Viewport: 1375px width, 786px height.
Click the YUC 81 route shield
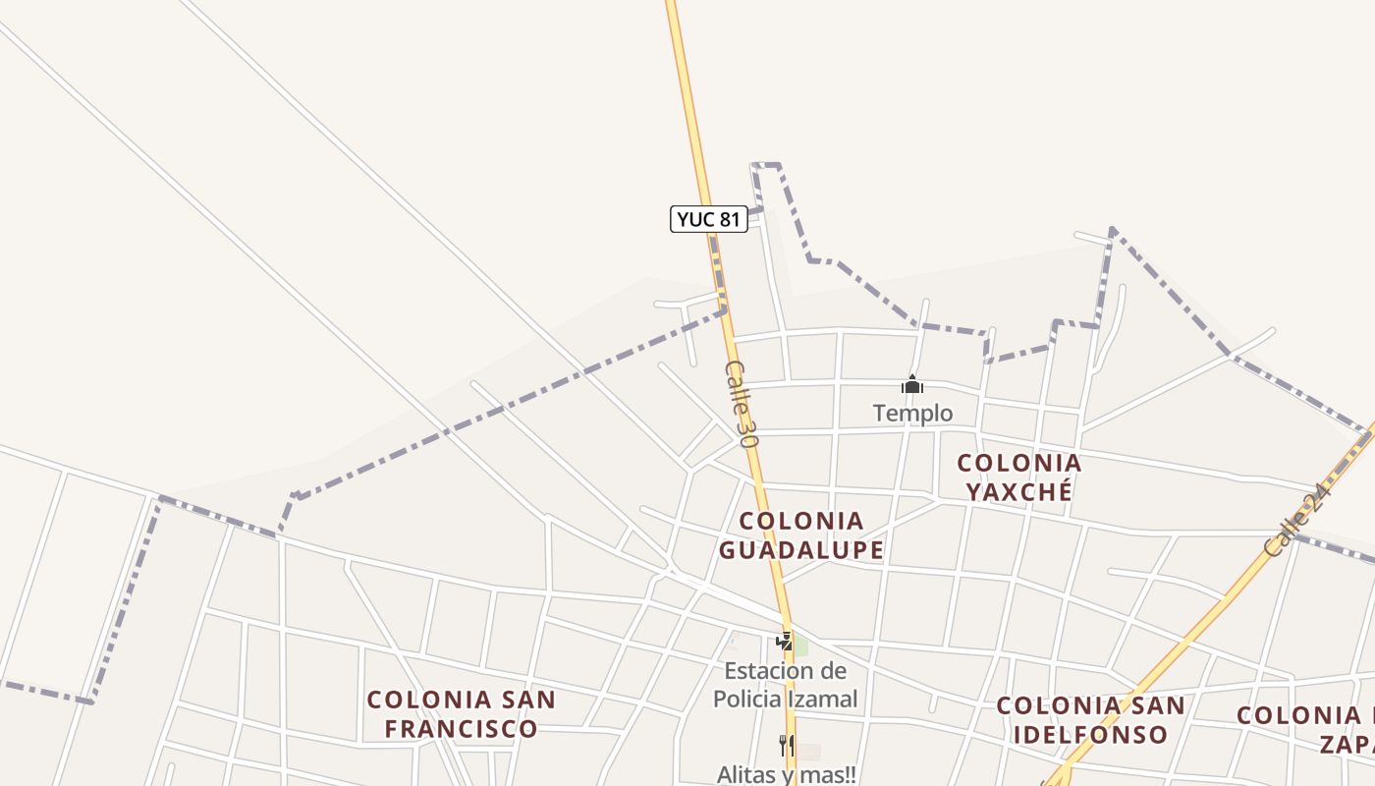coord(708,219)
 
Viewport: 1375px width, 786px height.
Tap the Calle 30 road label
coord(742,404)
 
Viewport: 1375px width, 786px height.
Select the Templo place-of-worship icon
coord(912,385)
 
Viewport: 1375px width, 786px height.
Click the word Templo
coord(912,414)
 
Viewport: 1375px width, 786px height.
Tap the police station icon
coord(784,642)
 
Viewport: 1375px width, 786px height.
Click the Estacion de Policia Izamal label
coord(786,685)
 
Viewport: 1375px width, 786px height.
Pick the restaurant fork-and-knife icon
coord(786,745)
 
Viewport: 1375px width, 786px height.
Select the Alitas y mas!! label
coord(786,774)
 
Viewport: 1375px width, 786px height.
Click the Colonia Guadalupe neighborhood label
coord(800,535)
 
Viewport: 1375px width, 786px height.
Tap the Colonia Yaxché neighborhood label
coord(1018,477)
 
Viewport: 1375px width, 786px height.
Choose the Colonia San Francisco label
coord(461,714)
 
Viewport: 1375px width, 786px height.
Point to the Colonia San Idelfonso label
coord(1090,720)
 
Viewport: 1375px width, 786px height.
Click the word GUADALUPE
coord(800,550)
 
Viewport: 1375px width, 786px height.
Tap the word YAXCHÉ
coord(1018,491)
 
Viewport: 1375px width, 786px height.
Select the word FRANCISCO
coord(461,729)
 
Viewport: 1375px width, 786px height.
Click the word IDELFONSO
coord(1090,735)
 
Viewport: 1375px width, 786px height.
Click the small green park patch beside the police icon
coord(801,646)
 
